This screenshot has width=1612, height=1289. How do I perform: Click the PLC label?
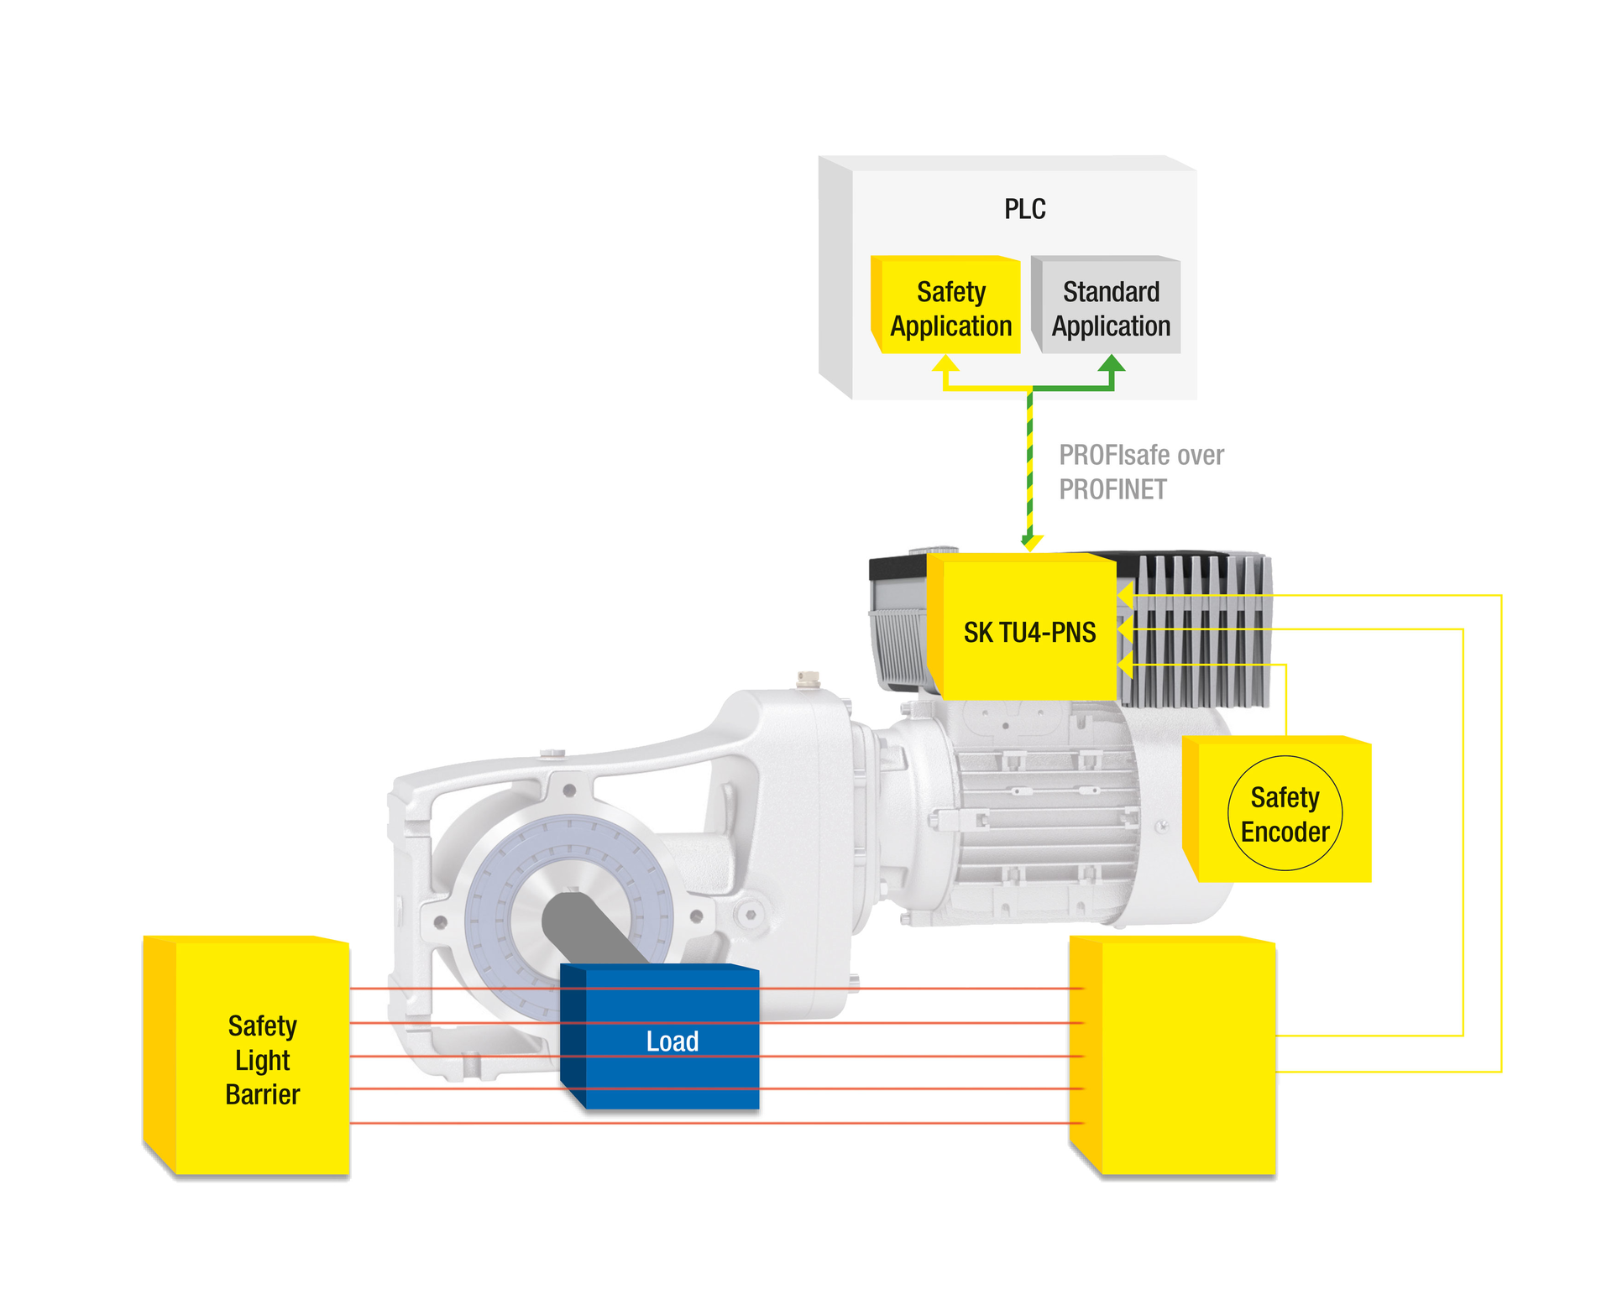pyautogui.click(x=1024, y=209)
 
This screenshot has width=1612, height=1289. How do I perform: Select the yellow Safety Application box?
pyautogui.click(x=950, y=308)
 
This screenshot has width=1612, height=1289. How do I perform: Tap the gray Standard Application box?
pyautogui.click(x=1110, y=308)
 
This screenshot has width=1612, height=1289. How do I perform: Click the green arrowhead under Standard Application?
pyautogui.click(x=1112, y=363)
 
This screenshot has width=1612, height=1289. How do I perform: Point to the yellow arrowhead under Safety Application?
pyautogui.click(x=946, y=363)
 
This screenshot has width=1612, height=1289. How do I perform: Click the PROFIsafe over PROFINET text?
pyautogui.click(x=1140, y=472)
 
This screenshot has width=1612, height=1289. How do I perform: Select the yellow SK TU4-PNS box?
pyautogui.click(x=1029, y=631)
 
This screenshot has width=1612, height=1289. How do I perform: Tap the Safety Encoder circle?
pyautogui.click(x=1285, y=813)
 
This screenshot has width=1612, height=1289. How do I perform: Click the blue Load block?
pyautogui.click(x=672, y=1041)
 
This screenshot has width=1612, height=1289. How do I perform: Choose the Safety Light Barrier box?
pyautogui.click(x=262, y=1059)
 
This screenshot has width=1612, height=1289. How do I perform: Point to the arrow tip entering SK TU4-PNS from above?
pyautogui.click(x=1030, y=544)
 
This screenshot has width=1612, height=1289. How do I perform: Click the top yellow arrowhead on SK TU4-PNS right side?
pyautogui.click(x=1125, y=596)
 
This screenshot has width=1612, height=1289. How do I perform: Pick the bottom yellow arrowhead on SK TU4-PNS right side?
pyautogui.click(x=1125, y=665)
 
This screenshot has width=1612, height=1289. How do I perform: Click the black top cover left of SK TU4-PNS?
pyautogui.click(x=897, y=567)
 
